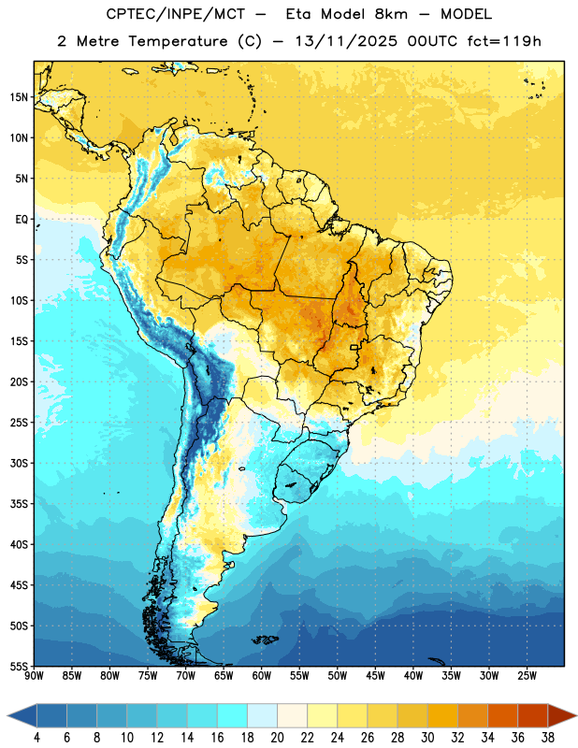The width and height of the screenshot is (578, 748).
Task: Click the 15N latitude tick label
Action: pos(19,97)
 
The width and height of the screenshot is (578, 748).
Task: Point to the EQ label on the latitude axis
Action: pos(22,220)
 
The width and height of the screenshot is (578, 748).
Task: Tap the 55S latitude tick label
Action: pos(19,666)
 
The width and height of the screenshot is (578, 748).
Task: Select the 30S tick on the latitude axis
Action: pos(19,463)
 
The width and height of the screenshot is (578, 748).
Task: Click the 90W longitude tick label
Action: pos(34,675)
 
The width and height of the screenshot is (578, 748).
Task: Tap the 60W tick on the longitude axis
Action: pos(262,675)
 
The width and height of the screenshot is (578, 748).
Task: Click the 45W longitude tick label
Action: pos(376,675)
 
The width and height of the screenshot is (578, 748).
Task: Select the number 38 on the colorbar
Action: pos(548,738)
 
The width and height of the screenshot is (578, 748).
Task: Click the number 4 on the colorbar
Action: pos(36,738)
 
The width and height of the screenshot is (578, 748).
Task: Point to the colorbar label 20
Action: pos(277,738)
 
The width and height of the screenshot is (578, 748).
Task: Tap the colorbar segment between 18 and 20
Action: pos(262,715)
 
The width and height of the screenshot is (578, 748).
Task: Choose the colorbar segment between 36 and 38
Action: pos(533,715)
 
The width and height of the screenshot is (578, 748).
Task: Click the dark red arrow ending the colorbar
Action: pos(560,715)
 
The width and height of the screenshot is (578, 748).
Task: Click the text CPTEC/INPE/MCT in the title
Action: pos(176,14)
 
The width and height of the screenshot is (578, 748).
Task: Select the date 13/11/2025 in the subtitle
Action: pos(346,41)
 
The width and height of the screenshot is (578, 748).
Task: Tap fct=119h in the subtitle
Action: pos(504,41)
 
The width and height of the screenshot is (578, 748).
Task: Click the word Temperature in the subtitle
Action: pos(178,42)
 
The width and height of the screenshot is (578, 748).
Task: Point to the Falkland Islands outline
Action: pos(266,640)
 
